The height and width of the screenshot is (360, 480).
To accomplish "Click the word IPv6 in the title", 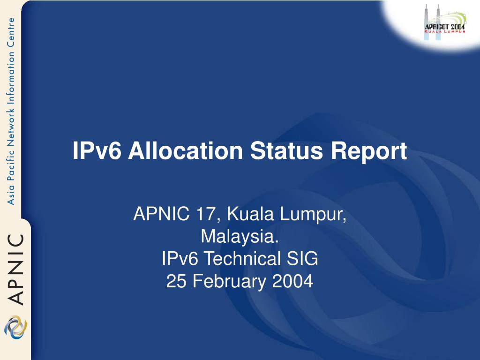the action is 97,150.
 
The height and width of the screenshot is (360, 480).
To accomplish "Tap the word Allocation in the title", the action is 186,150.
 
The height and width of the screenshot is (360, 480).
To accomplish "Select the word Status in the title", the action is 286,150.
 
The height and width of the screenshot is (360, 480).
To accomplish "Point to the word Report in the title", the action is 369,151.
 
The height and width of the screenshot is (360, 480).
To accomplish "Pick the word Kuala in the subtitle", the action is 250,214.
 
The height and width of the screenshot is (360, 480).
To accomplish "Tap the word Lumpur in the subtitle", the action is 313,215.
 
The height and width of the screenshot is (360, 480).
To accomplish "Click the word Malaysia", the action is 240,237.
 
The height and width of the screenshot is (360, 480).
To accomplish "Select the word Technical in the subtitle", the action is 242,258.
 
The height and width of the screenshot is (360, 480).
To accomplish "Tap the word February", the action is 229,282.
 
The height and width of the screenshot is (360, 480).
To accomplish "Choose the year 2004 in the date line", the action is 292,281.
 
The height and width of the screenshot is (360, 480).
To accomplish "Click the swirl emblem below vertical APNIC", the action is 15,327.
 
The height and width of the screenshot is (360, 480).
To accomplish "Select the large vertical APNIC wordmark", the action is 15,270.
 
